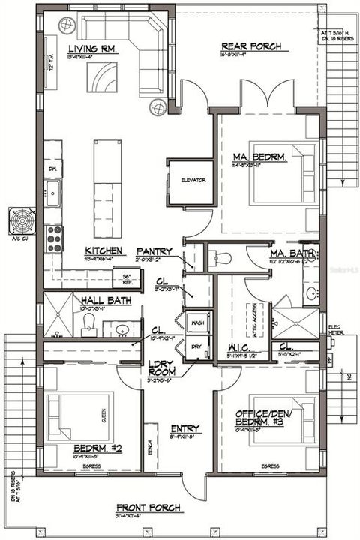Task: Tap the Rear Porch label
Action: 251,46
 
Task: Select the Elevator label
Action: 193,181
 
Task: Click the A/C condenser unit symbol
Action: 22,221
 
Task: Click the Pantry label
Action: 154,251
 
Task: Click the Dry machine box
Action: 197,346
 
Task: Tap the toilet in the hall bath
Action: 88,322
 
